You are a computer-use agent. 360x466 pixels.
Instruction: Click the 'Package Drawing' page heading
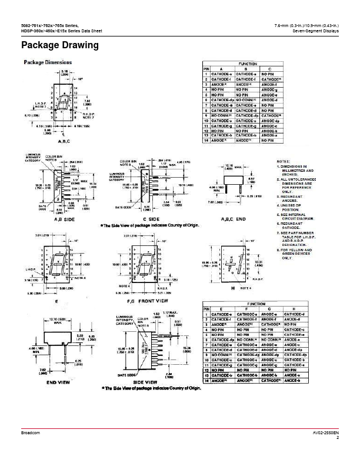pos(59,45)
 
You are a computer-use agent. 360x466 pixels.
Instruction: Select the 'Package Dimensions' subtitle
pos(48,62)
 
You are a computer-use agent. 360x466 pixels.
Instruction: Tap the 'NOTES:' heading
pos(283,162)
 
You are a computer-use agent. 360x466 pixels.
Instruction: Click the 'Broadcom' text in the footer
pos(29,432)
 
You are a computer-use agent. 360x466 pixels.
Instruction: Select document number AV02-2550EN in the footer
pos(326,432)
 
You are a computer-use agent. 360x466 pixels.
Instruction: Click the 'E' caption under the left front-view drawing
pos(40,299)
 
